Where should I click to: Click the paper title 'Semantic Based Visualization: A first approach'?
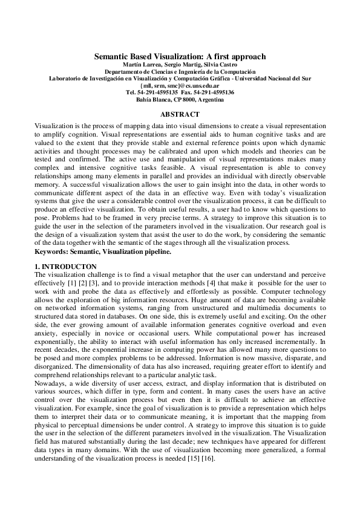pos(180,56)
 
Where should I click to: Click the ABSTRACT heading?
pos(180,114)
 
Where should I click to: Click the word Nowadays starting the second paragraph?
pos(51,384)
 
